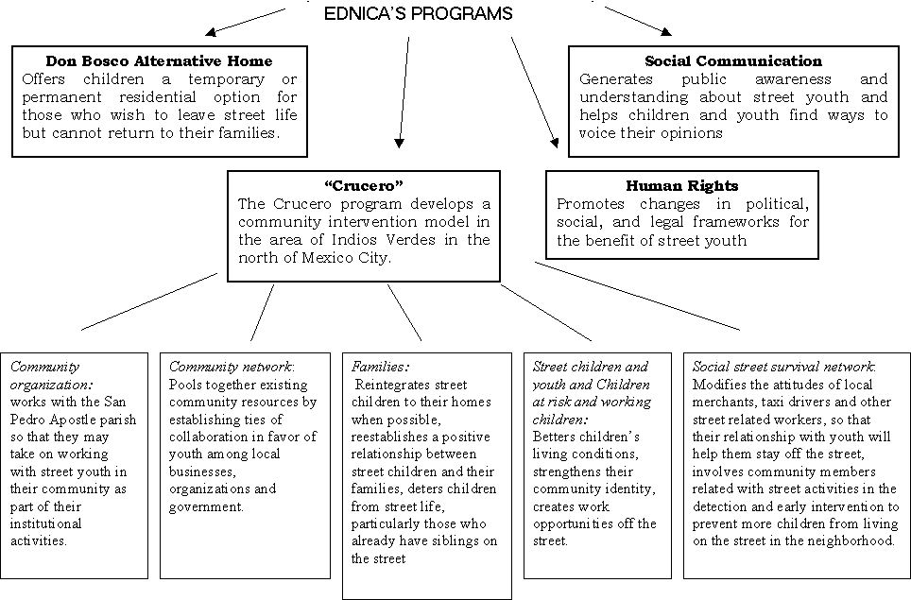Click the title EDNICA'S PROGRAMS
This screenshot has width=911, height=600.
[418, 13]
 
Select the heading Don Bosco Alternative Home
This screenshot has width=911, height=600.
[161, 61]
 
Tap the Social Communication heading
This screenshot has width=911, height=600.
[733, 61]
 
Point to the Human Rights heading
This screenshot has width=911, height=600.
[681, 186]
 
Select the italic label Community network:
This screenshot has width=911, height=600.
[232, 366]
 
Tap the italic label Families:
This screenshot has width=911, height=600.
[380, 366]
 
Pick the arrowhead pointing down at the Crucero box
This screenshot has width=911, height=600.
[400, 144]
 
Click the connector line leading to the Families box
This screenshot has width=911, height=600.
[404, 312]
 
